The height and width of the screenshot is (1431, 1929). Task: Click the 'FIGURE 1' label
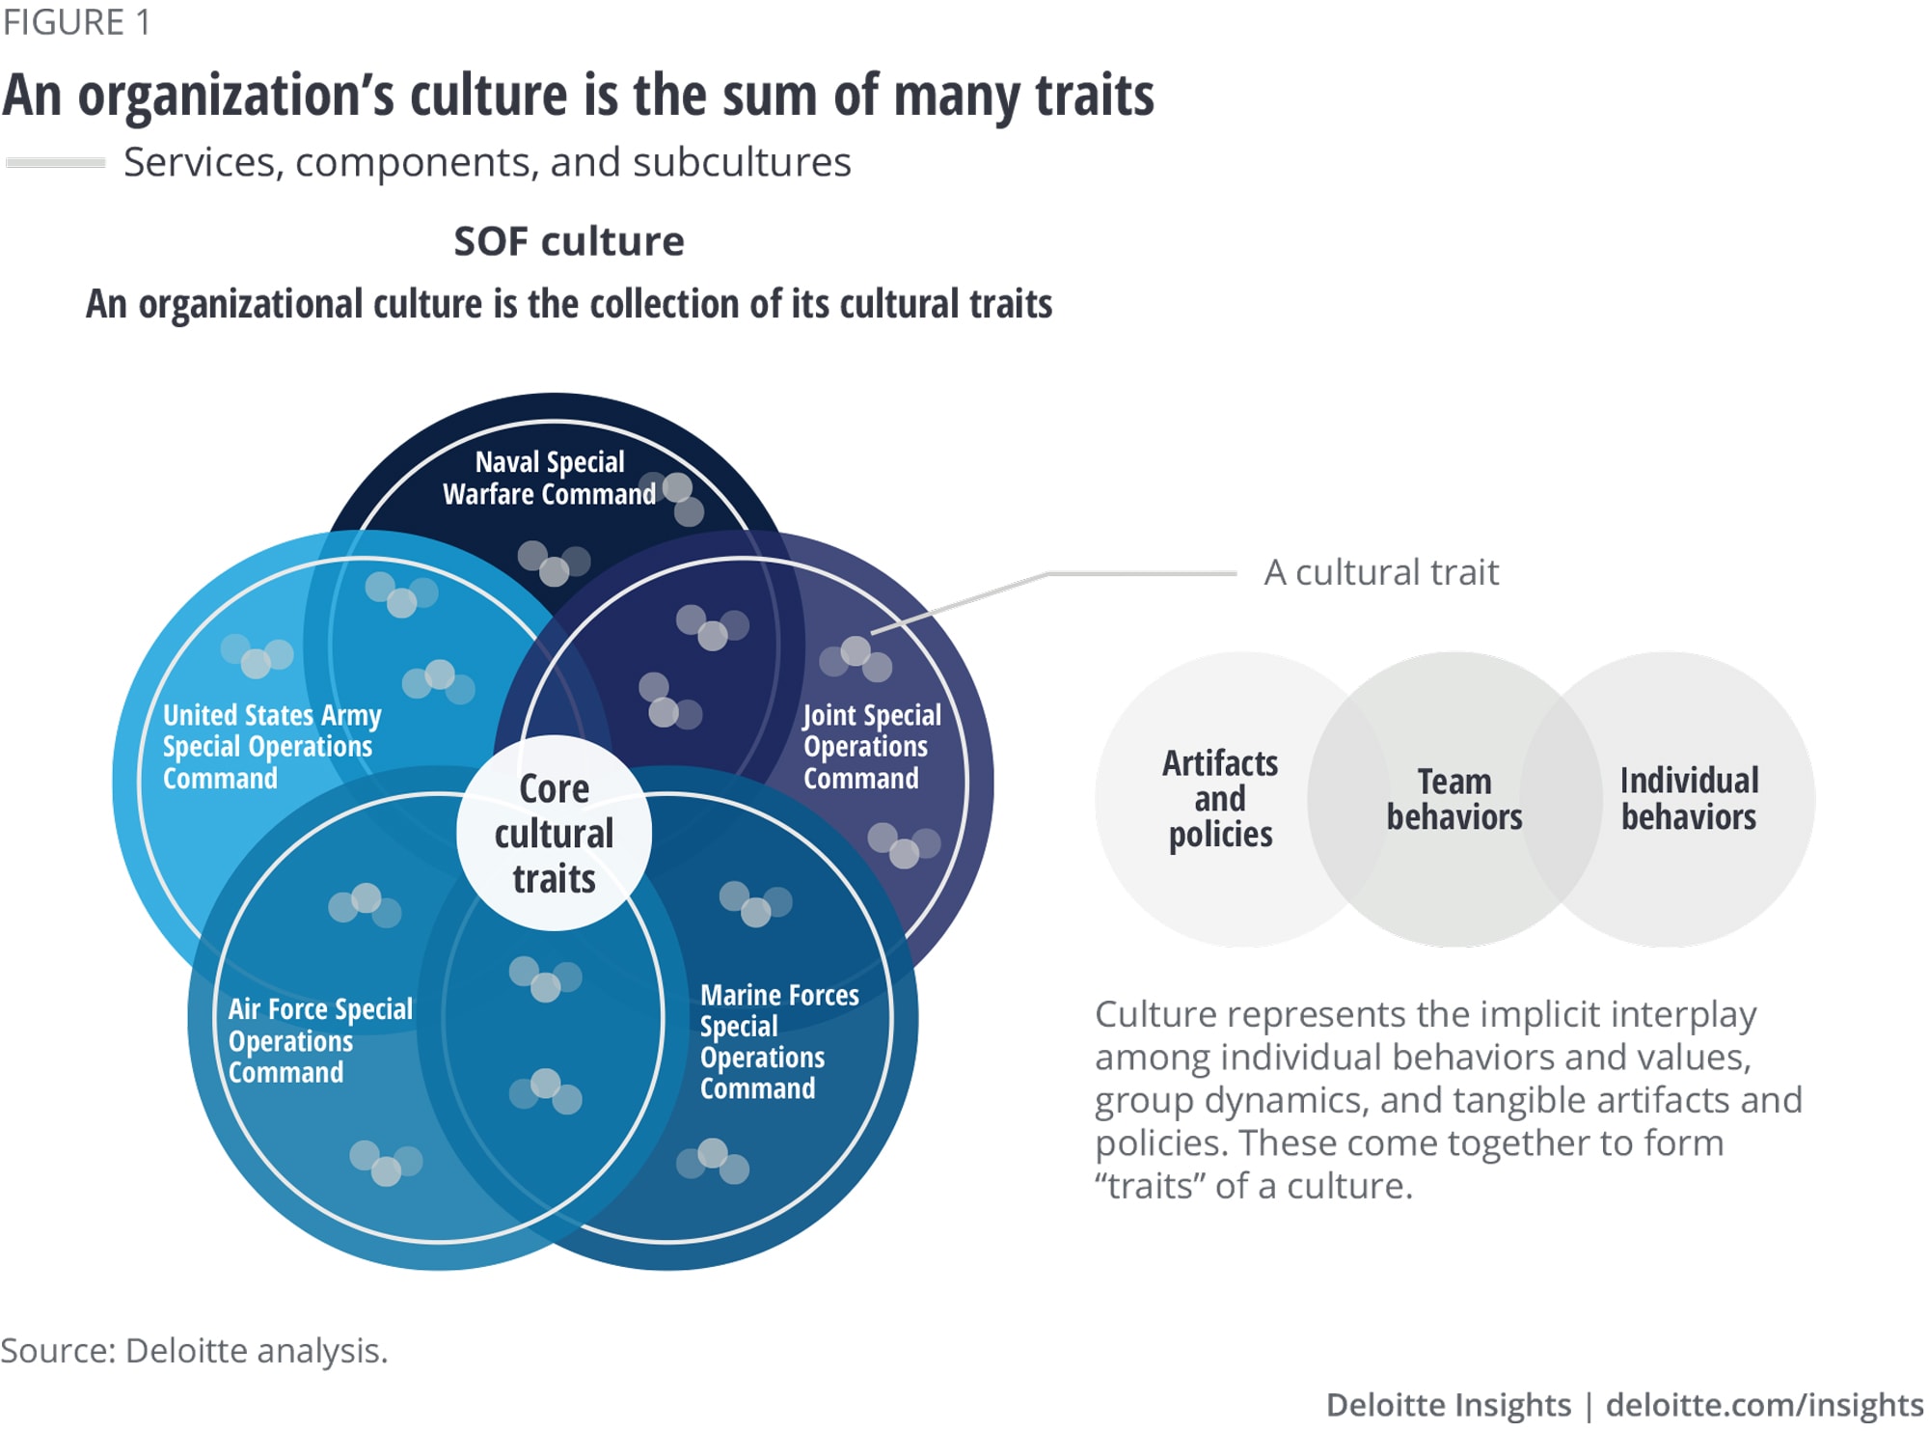[x=76, y=22]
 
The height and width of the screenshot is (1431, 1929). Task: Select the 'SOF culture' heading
[x=569, y=241]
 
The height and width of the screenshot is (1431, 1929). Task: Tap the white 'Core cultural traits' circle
[x=554, y=834]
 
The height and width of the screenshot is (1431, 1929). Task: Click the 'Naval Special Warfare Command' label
[x=549, y=478]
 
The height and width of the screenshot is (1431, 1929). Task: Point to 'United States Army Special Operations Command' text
[x=271, y=747]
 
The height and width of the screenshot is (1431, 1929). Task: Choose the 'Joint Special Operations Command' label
[x=871, y=747]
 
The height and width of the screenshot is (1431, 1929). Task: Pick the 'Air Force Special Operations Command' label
[x=319, y=1040]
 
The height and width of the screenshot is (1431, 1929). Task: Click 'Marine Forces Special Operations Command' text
[x=778, y=1041]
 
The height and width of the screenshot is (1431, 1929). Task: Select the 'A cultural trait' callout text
[x=1381, y=572]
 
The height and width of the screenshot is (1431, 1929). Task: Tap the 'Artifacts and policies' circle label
[x=1220, y=799]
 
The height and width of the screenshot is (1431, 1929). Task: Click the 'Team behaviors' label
[x=1454, y=799]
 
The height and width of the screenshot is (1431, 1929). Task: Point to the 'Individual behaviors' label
[x=1689, y=799]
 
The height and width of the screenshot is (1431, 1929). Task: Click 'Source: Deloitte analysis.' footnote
[x=194, y=1350]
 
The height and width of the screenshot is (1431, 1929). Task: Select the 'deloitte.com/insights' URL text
[x=1764, y=1404]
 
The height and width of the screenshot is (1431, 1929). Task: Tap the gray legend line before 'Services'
[x=55, y=162]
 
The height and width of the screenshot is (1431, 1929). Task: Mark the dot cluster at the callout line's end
[x=856, y=657]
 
